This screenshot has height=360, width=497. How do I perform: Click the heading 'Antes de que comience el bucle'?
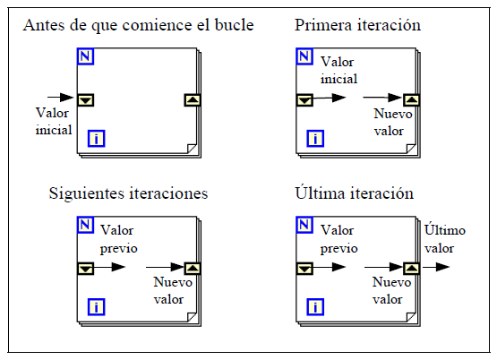[x=138, y=25]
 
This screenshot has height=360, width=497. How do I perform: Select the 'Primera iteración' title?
[x=357, y=25]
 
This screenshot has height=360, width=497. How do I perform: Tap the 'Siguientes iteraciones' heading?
[x=128, y=194]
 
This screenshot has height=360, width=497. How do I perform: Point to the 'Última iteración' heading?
[x=354, y=193]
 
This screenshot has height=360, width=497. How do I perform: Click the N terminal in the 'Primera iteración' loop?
[x=304, y=56]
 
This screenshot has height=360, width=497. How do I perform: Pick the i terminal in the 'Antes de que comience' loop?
[x=96, y=139]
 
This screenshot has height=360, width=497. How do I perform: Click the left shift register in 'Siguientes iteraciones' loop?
[x=86, y=269]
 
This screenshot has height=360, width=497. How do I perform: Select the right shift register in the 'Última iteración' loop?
[x=411, y=269]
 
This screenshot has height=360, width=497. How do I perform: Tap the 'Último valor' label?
[x=445, y=239]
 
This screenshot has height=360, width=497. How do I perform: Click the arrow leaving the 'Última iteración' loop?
[x=436, y=267]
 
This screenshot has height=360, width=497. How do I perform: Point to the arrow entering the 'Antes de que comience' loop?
[x=61, y=97]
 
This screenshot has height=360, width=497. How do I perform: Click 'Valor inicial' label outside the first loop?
[x=54, y=122]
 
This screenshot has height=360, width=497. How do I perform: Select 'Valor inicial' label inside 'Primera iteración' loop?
[x=338, y=71]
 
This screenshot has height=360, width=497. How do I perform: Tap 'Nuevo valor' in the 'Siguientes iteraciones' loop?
[x=173, y=291]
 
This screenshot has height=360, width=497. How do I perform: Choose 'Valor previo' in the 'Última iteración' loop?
[x=338, y=239]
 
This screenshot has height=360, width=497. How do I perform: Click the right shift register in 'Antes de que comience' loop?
[x=193, y=100]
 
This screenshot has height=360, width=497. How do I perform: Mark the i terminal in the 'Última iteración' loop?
[x=315, y=307]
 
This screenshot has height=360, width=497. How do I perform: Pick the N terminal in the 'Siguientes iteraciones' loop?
[x=86, y=225]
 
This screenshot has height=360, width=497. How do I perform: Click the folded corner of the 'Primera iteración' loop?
[x=411, y=149]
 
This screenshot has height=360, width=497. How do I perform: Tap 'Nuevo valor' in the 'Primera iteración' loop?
[x=393, y=122]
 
